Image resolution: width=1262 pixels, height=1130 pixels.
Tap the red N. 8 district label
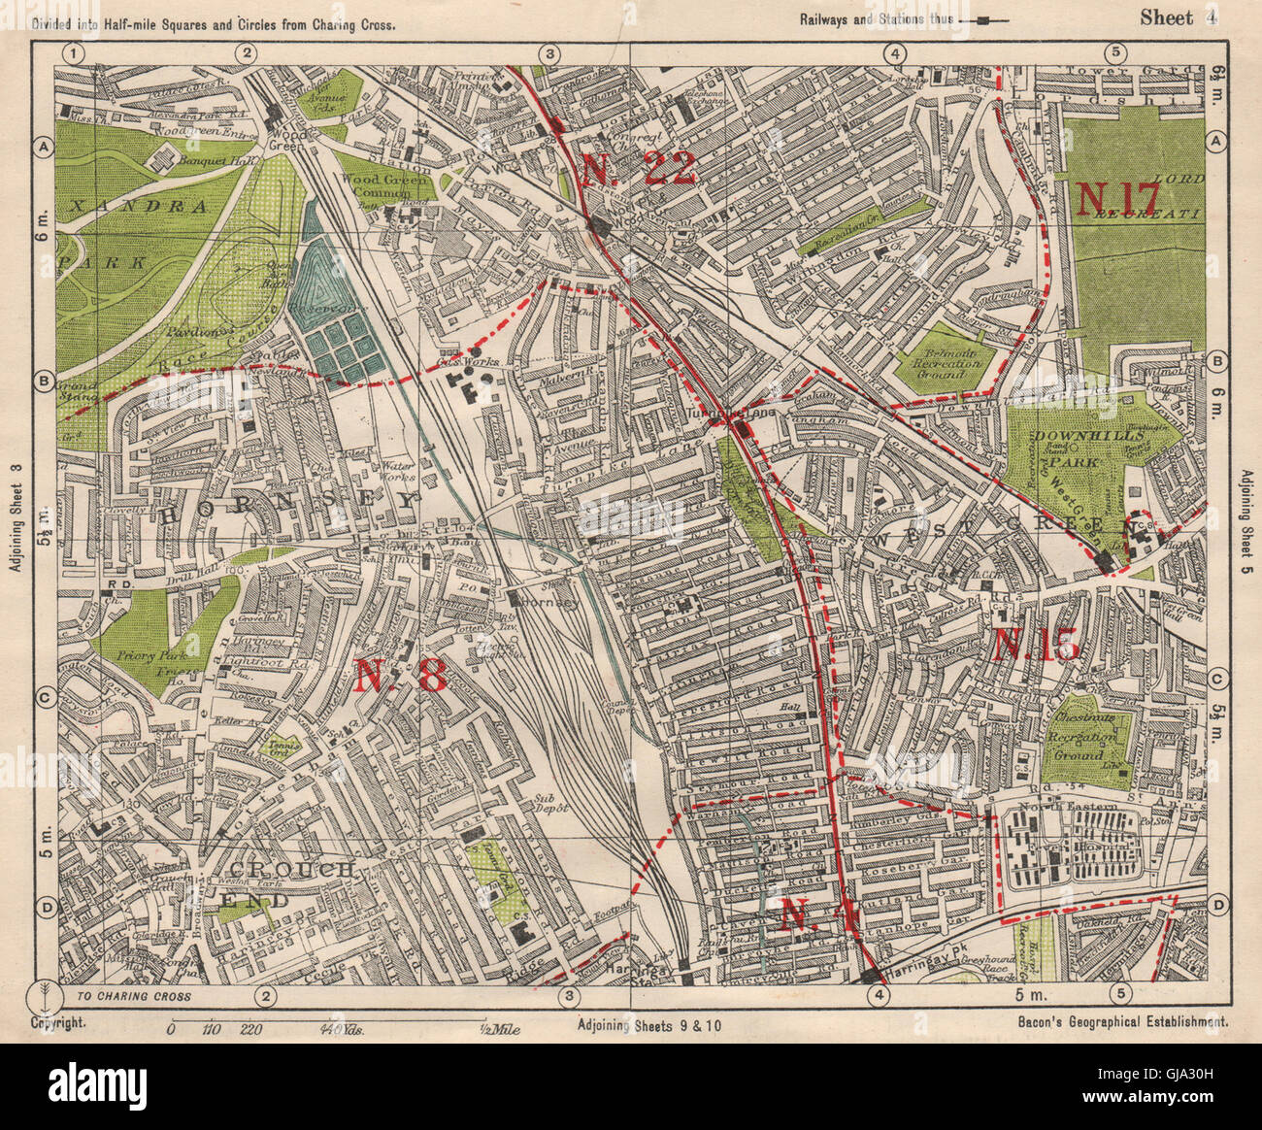click(399, 675)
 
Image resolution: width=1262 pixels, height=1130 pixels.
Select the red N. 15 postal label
click(1036, 645)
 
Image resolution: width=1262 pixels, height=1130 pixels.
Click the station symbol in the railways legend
click(984, 19)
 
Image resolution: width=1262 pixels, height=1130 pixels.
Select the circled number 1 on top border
click(75, 53)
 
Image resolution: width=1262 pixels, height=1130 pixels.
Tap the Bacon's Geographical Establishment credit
click(1124, 1022)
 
